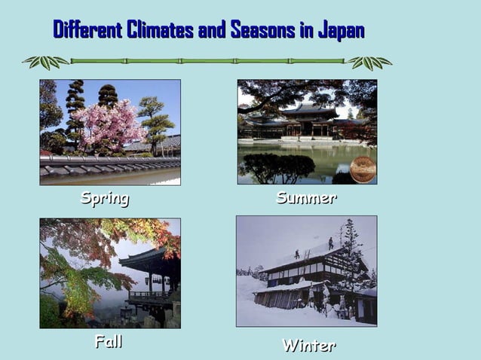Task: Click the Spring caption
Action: (x=105, y=199)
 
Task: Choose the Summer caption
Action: (x=306, y=198)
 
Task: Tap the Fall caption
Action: (x=109, y=342)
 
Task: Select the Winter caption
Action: (x=308, y=346)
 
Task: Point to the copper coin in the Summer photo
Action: (x=363, y=169)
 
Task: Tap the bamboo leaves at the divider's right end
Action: (x=369, y=62)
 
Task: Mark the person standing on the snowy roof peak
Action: (x=330, y=243)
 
